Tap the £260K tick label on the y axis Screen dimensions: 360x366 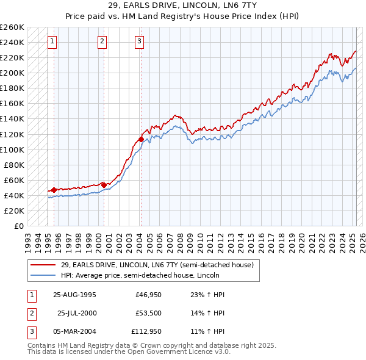(12, 27)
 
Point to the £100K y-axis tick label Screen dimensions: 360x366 (12, 149)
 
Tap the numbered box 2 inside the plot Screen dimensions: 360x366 (102, 41)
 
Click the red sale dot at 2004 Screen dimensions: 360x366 (141, 139)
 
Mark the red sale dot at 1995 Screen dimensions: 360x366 (54, 190)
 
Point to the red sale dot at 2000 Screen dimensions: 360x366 (104, 184)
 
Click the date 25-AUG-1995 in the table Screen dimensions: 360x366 (75, 295)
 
